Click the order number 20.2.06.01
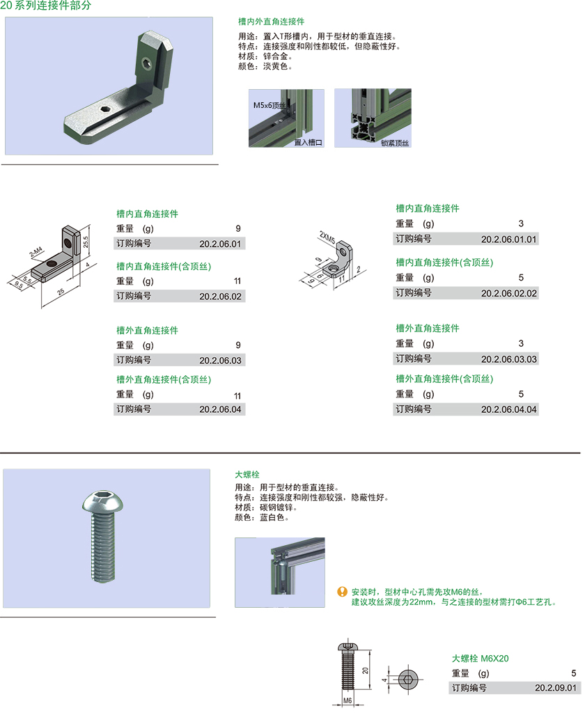click(x=220, y=244)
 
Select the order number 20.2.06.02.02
click(x=509, y=293)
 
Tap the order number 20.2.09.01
click(x=556, y=688)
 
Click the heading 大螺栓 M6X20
click(x=480, y=659)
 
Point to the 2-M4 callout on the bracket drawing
click(x=36, y=252)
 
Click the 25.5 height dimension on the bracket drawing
click(x=86, y=242)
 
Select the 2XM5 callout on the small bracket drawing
click(x=327, y=237)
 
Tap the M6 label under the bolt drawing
click(x=348, y=701)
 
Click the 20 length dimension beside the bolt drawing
click(x=365, y=670)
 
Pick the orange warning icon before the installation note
click(x=342, y=592)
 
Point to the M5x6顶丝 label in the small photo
click(x=270, y=105)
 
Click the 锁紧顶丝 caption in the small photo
click(x=395, y=143)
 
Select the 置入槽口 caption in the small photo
click(x=308, y=142)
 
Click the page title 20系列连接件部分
click(x=46, y=6)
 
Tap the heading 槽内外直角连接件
click(x=271, y=22)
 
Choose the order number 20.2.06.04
click(x=220, y=409)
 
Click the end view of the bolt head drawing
click(x=407, y=680)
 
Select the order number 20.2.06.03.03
click(x=509, y=359)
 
